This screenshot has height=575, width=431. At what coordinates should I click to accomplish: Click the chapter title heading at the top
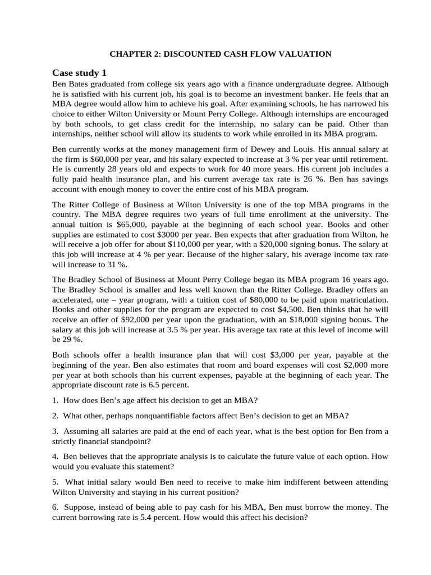click(220, 54)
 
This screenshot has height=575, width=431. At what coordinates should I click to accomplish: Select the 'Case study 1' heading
click(79, 73)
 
